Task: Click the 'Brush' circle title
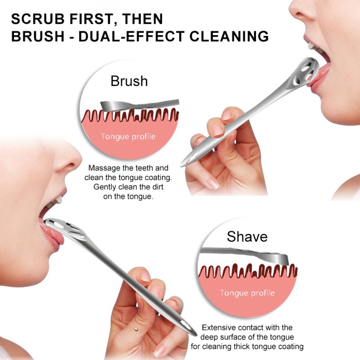coord(129,81)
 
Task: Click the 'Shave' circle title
coord(247,236)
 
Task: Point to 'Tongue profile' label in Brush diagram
coord(128,136)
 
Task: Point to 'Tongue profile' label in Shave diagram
coord(247,293)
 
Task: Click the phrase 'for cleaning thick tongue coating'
coord(247,346)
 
